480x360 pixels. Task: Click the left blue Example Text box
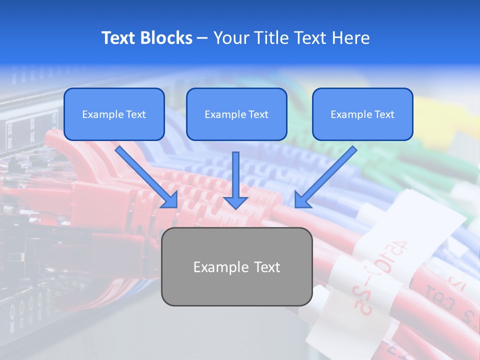tap(114, 114)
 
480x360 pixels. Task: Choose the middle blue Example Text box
tap(236, 114)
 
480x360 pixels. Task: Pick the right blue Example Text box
tap(362, 114)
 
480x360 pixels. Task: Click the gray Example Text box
tap(236, 266)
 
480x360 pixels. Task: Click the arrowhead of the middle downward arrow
tap(235, 202)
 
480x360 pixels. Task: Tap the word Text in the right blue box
tap(384, 114)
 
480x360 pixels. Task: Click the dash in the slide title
tap(202, 38)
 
